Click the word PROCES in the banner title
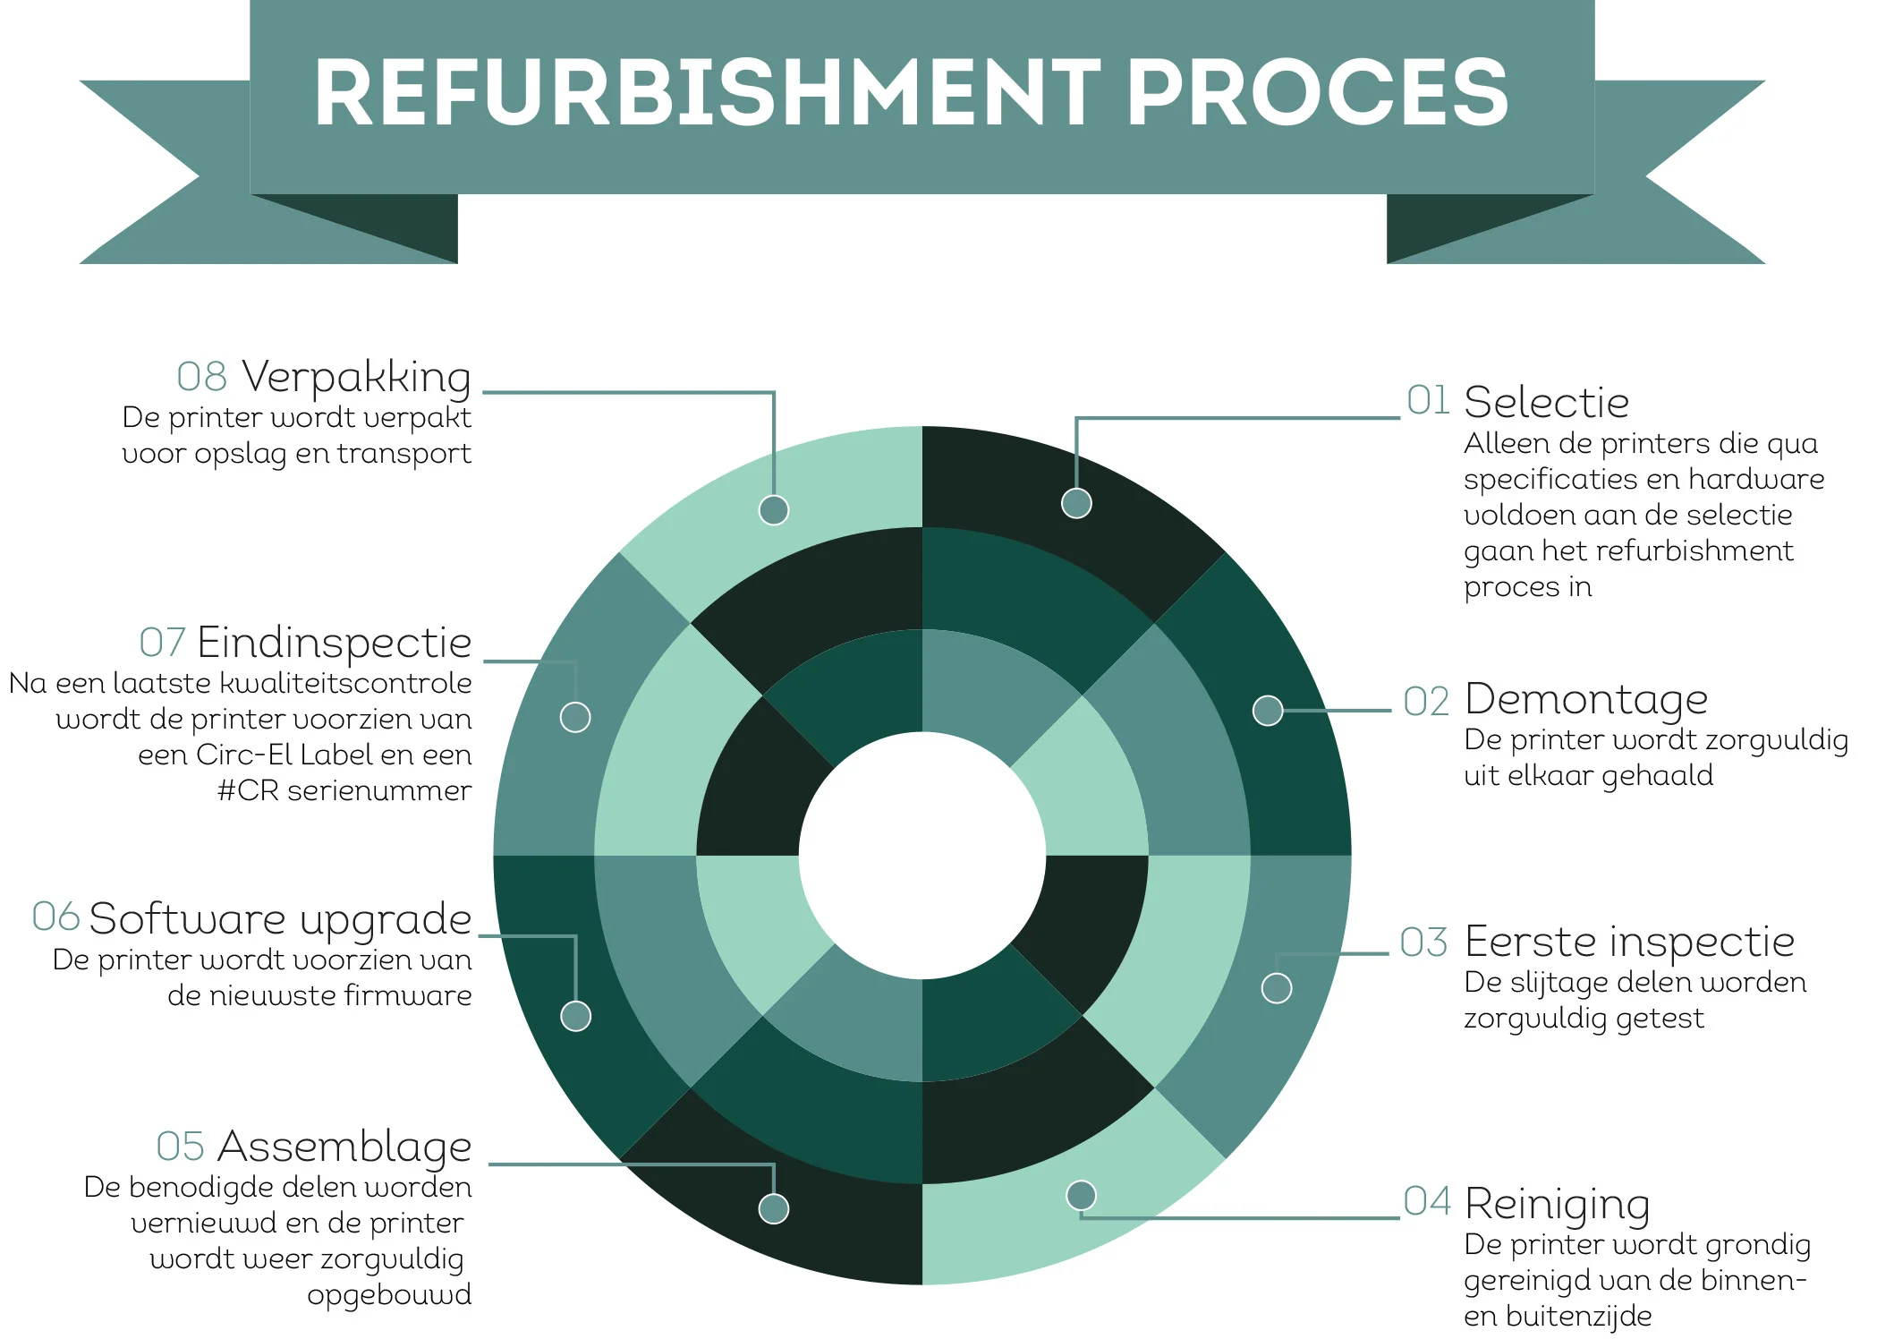tap(1317, 93)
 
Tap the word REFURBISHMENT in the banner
tap(707, 93)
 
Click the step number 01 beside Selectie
tap(1428, 400)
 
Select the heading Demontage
tap(1586, 699)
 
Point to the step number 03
tap(1423, 942)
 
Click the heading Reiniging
tap(1558, 1204)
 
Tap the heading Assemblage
tap(344, 1147)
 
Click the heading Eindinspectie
tap(334, 642)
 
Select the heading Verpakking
tap(356, 377)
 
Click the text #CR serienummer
tap(344, 790)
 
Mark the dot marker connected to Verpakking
tap(774, 510)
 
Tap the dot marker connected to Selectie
tap(1076, 503)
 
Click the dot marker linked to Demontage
tap(1268, 711)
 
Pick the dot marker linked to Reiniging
tap(1082, 1195)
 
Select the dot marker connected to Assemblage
tap(774, 1208)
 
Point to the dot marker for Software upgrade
tap(575, 1016)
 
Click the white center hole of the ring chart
tap(922, 856)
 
